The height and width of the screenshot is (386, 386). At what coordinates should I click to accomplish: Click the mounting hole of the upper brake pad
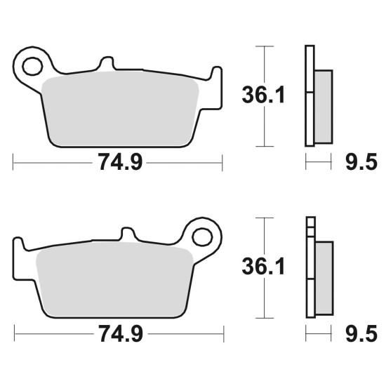tap(32, 66)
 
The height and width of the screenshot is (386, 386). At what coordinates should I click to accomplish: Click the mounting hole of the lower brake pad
tap(202, 237)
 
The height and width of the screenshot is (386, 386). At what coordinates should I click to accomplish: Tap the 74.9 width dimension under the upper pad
tap(120, 161)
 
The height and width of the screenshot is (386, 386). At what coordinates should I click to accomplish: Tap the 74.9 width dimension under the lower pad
tap(121, 333)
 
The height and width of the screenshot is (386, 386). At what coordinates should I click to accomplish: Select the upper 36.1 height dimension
tap(263, 95)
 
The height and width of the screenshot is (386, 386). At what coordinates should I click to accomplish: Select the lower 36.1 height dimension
tap(263, 266)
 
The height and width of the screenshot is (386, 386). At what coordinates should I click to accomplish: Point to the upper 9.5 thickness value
tap(361, 161)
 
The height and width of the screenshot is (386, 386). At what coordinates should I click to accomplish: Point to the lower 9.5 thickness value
tap(361, 333)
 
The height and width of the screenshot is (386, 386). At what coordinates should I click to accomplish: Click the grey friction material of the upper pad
tap(120, 108)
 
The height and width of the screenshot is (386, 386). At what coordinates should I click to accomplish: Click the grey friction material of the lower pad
tap(114, 279)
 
